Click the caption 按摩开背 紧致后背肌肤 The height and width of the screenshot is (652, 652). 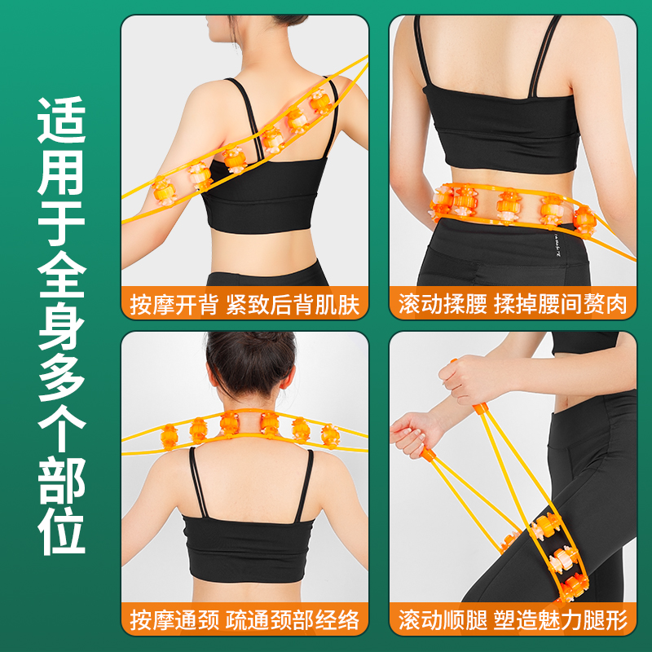point(244,305)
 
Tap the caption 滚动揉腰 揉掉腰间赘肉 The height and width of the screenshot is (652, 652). point(513,305)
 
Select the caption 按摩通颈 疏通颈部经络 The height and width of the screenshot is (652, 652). point(244,620)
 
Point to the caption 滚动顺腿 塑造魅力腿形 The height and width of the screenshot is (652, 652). point(513,620)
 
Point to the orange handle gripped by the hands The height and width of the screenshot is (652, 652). point(478,407)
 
